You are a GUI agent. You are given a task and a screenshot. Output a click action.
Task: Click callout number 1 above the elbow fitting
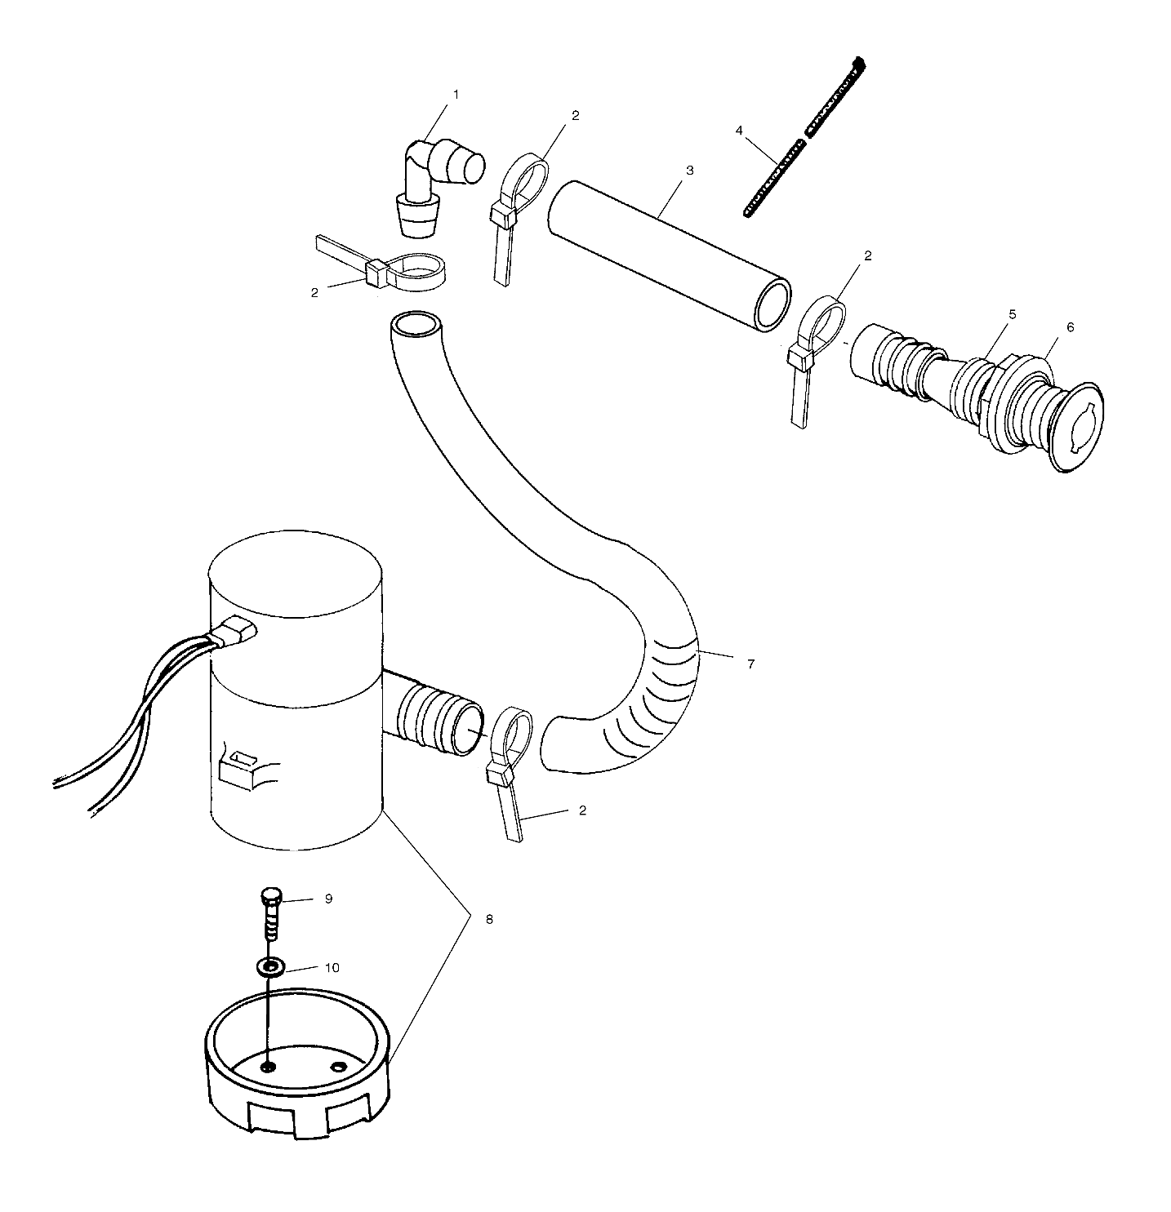456,95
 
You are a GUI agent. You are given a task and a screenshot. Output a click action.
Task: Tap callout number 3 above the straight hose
689,171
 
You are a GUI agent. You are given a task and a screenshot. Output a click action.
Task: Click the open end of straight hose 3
773,304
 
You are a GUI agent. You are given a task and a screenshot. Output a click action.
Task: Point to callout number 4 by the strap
739,131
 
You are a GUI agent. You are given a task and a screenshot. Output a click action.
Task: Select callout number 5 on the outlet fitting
989,314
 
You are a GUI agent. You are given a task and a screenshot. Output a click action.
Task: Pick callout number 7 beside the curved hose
750,664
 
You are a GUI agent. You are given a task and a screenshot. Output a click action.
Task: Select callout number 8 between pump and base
489,918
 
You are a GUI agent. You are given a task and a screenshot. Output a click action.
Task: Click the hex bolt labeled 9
273,913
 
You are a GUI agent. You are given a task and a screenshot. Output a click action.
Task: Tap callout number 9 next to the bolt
328,899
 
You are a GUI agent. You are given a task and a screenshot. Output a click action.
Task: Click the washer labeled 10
270,967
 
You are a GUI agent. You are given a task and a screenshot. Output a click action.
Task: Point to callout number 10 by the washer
332,968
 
